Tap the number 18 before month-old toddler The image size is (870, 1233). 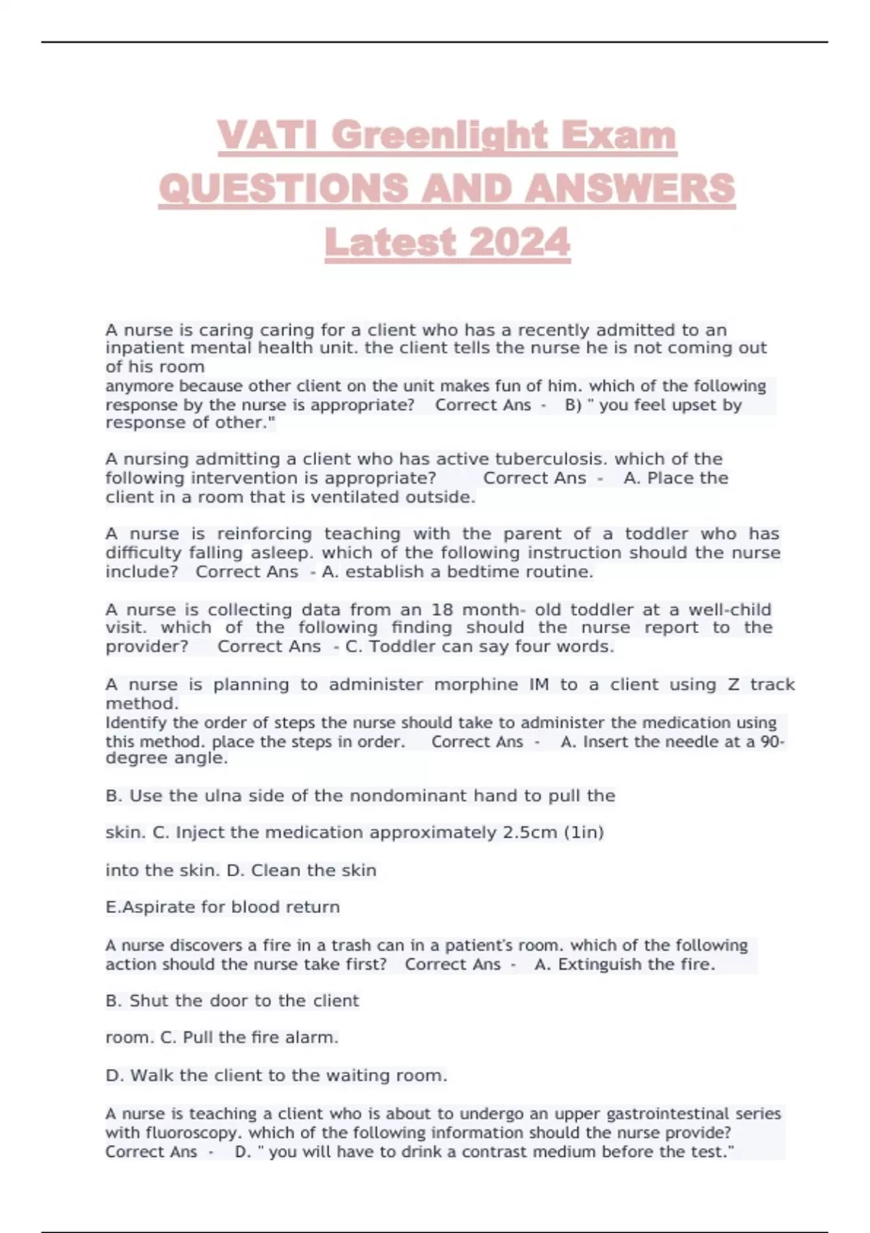pyautogui.click(x=442, y=610)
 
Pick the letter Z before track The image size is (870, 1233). pyautogui.click(x=734, y=685)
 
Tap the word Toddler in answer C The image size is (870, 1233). pyautogui.click(x=401, y=647)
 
